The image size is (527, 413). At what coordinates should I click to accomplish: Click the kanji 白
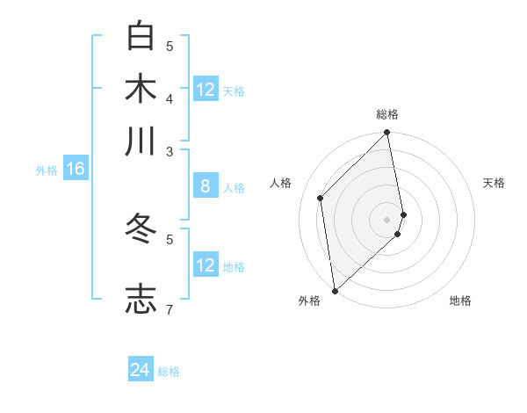[141, 36]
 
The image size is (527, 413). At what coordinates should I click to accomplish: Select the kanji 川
[141, 141]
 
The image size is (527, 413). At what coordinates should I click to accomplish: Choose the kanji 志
[141, 298]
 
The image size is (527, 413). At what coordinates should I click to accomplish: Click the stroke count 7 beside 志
[170, 308]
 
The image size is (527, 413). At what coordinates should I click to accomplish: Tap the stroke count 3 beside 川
[170, 151]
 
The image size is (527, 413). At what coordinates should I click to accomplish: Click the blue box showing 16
[76, 169]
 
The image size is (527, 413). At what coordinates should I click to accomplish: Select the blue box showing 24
[141, 371]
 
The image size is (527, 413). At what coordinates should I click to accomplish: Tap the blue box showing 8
[206, 186]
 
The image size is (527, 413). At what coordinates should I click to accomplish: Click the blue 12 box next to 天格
[206, 90]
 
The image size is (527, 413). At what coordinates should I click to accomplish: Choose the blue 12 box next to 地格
[206, 265]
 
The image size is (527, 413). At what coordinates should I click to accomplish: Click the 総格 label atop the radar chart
[387, 114]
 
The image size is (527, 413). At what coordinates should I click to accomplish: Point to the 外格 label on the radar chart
[309, 301]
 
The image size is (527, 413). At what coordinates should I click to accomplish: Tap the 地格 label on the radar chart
[460, 301]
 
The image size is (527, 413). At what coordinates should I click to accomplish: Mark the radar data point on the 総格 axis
[387, 134]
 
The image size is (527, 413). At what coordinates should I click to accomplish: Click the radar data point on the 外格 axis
[335, 291]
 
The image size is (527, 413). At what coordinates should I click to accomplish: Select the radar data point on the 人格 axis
[321, 198]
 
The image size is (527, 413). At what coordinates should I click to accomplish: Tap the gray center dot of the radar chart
[387, 219]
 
